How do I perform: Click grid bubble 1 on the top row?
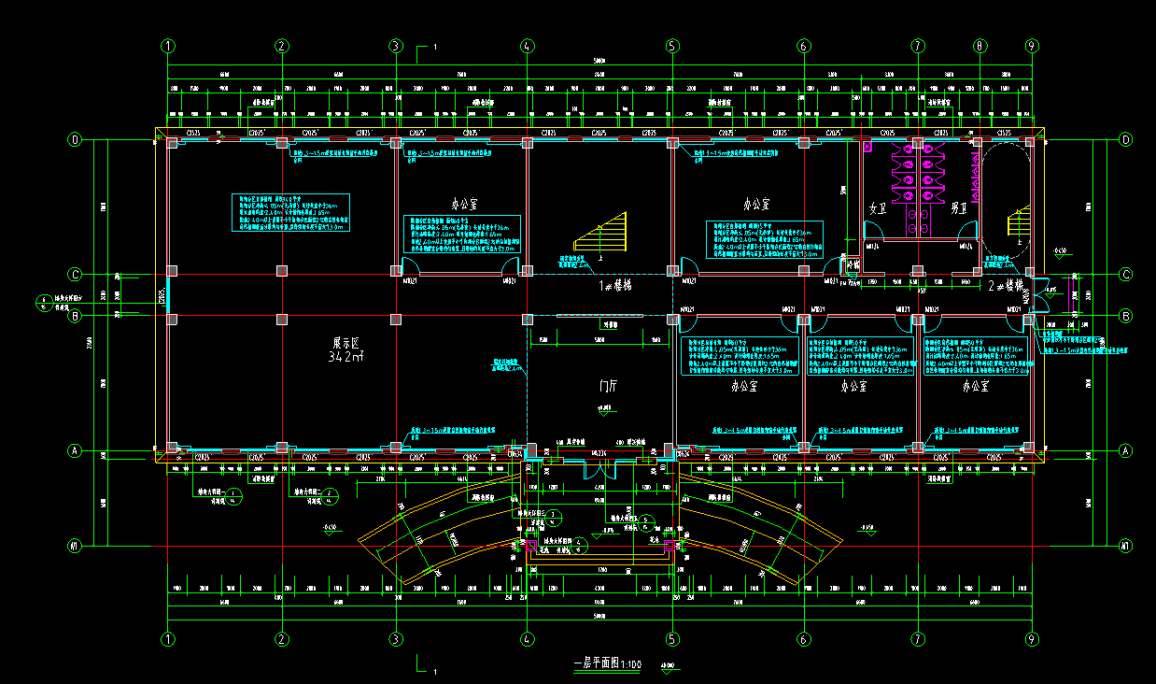[x=168, y=45]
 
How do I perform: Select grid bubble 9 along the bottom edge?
[x=1032, y=640]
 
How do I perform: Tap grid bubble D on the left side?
[x=76, y=140]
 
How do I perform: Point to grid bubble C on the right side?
[x=1125, y=275]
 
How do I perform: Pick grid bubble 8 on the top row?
[x=980, y=45]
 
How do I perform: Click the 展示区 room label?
[x=346, y=342]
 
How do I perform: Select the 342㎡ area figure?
[x=345, y=357]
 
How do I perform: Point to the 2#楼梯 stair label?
[x=1005, y=286]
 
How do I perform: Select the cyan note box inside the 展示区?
[x=290, y=213]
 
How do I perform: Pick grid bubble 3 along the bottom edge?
[x=396, y=640]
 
